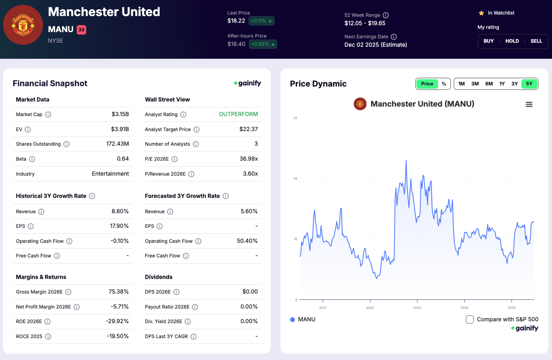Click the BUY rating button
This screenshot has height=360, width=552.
point(488,41)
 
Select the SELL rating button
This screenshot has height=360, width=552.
point(536,41)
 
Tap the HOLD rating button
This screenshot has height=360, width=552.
point(512,41)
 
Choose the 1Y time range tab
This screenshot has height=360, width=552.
point(502,84)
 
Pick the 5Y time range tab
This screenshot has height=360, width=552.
point(529,84)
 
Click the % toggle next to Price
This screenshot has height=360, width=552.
point(443,84)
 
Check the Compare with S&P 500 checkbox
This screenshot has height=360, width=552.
point(470,319)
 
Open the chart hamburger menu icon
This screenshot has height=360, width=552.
point(529,104)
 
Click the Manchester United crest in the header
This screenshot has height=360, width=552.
point(23,25)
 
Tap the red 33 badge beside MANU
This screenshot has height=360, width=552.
point(81,30)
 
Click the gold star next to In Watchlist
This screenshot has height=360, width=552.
point(481,13)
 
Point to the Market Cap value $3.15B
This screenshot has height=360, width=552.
point(120,114)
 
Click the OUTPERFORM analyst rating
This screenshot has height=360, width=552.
point(238,114)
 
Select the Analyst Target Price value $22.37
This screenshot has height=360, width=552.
point(248,129)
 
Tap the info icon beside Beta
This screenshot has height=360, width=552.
point(32,159)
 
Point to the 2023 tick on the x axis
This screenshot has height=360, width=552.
point(417,308)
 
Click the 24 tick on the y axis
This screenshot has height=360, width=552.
point(295,179)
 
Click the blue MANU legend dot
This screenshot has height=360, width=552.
point(292,320)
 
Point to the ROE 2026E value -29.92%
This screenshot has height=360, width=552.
point(117,321)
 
